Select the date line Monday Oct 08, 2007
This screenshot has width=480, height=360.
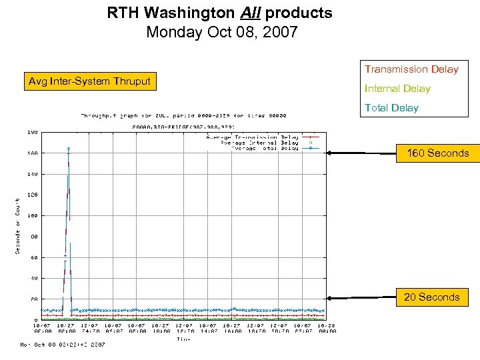click(x=221, y=31)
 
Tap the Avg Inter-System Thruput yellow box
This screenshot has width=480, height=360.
click(x=89, y=82)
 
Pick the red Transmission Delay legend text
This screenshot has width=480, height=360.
click(x=411, y=69)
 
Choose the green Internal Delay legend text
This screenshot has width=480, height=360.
click(x=397, y=89)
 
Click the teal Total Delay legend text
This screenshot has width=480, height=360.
click(x=391, y=108)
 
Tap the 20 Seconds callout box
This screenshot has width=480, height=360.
click(x=431, y=297)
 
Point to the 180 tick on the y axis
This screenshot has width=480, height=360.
click(x=32, y=132)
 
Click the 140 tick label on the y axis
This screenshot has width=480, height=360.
click(x=32, y=174)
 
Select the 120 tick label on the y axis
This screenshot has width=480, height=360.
click(x=32, y=195)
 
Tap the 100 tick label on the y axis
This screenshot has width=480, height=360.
click(x=32, y=216)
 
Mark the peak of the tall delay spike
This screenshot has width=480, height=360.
click(x=68, y=149)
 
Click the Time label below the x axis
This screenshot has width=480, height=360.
click(x=183, y=339)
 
